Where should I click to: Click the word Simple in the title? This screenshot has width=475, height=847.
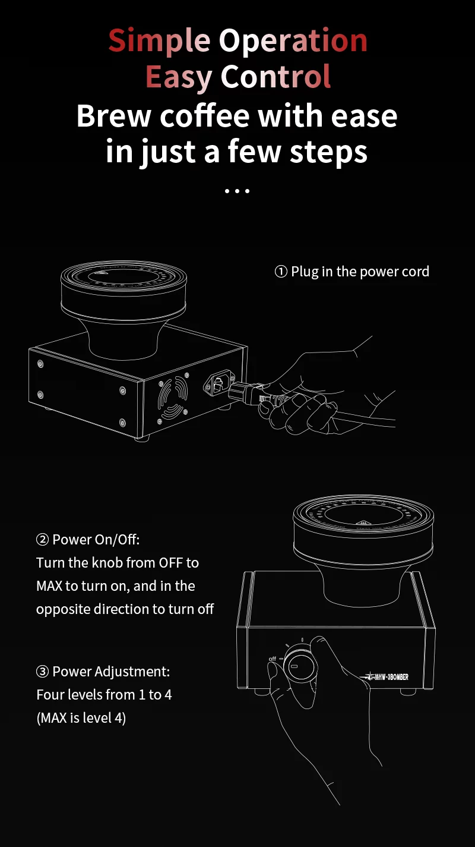coord(159,41)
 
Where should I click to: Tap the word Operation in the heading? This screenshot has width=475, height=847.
coord(293,41)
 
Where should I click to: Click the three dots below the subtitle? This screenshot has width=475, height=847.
coord(237,191)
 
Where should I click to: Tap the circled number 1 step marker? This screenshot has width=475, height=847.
coord(281,272)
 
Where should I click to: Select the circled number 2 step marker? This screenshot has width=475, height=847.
coord(43,540)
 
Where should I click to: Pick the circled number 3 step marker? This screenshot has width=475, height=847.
coord(43,672)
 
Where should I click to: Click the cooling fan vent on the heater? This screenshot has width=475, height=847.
coord(173,397)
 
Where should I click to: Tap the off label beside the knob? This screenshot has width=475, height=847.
coord(273,659)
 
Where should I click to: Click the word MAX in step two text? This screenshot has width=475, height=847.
coord(49,586)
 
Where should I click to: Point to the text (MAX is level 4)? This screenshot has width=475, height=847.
coord(81,718)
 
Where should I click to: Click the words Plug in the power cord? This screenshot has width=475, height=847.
coord(360,272)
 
